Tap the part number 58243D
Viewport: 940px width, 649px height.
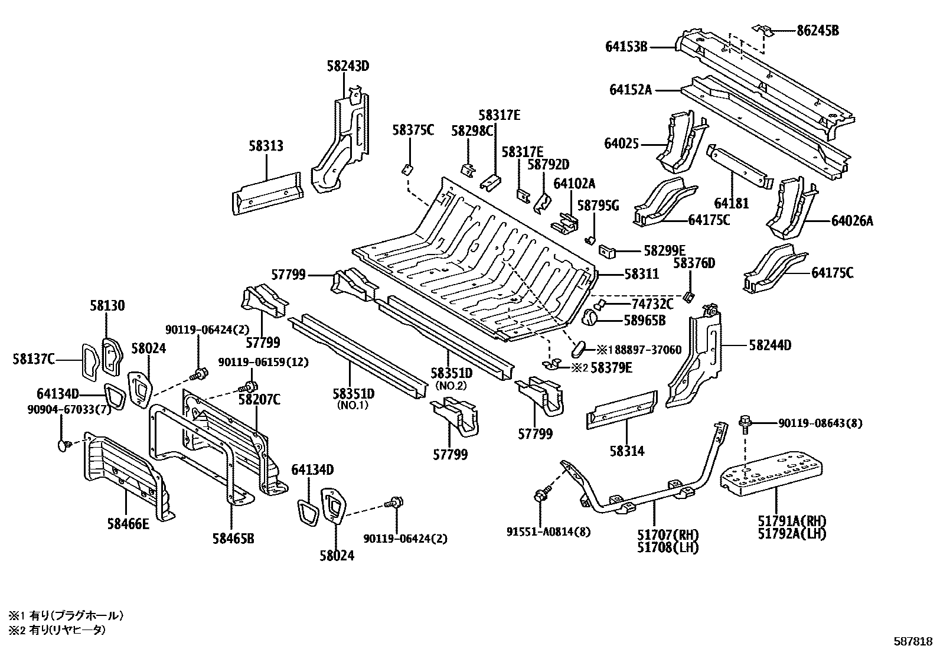click(348, 66)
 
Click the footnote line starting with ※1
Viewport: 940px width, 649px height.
click(66, 615)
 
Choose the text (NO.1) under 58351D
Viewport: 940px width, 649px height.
click(352, 406)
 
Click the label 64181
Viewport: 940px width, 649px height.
click(731, 204)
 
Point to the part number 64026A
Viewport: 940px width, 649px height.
click(851, 221)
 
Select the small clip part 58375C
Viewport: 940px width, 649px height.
click(407, 169)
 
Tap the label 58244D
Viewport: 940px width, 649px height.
click(770, 345)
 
